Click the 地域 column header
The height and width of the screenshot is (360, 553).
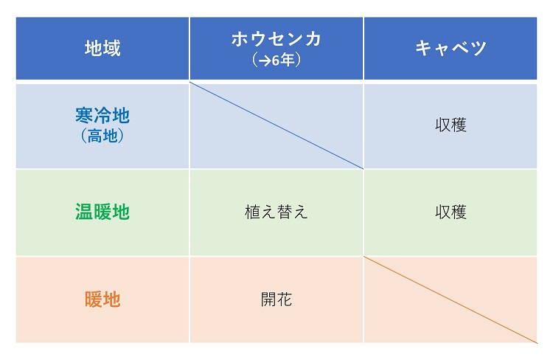point(102,48)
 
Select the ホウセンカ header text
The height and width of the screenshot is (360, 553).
point(276,39)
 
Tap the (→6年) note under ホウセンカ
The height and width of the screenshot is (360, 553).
point(276,60)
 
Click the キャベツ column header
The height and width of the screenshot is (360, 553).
point(451,48)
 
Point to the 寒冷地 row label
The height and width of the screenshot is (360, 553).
point(102,115)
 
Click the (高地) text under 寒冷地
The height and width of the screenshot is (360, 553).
point(102,136)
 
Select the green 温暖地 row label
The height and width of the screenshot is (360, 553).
point(102,212)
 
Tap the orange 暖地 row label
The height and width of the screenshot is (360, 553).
point(102,300)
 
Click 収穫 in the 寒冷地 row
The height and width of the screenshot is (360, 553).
point(451,125)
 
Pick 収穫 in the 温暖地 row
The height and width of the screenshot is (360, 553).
point(451,212)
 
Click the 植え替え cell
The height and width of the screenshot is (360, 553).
point(276,212)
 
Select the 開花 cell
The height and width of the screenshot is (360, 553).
point(276,300)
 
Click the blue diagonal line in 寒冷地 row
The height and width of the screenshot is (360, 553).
point(276,125)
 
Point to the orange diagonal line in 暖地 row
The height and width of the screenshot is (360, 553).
point(451,300)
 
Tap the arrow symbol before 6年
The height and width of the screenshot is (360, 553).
point(265,61)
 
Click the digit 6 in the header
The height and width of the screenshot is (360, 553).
point(276,60)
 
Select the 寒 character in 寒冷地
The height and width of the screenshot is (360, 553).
point(84,115)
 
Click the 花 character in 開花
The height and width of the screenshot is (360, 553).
point(285,300)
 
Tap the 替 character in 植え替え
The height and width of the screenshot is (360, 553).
point(285,212)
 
